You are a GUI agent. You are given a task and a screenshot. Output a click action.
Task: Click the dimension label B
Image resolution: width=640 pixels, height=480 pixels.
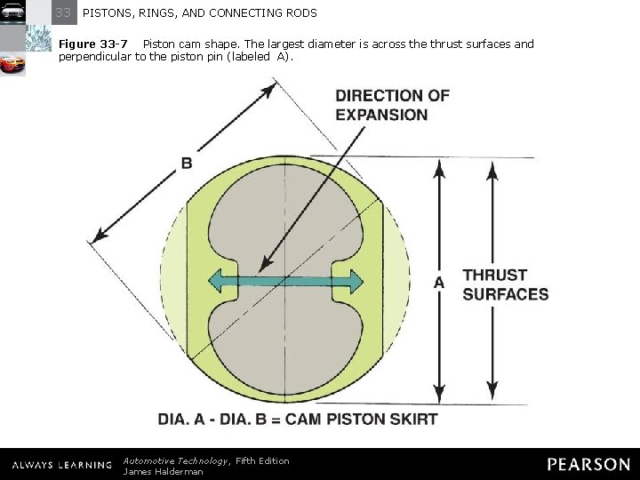(x=187, y=163)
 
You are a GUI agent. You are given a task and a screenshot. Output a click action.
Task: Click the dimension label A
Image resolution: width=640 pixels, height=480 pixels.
(x=438, y=282)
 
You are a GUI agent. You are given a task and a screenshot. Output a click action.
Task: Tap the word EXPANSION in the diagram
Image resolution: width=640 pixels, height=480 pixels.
(x=381, y=115)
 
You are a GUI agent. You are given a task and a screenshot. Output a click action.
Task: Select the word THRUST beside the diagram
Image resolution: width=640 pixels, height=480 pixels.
(x=495, y=276)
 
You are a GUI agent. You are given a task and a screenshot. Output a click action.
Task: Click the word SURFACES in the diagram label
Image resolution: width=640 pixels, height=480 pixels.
(x=506, y=294)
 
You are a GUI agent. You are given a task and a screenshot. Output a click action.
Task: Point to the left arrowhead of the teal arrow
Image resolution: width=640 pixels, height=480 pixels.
(x=216, y=282)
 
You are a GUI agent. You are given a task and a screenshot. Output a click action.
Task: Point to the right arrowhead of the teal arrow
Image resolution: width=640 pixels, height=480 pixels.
(x=354, y=282)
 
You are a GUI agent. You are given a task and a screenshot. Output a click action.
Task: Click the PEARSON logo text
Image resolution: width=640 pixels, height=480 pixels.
(x=588, y=464)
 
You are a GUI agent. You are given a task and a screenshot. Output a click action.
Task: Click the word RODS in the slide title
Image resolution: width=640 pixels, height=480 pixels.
(x=300, y=13)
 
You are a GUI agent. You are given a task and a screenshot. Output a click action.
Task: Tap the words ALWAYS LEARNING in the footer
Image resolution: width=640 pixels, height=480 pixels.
(x=61, y=465)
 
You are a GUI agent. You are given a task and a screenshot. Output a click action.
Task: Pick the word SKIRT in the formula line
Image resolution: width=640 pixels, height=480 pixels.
(x=415, y=419)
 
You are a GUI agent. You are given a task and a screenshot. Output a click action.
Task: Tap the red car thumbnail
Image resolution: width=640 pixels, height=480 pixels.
(x=12, y=65)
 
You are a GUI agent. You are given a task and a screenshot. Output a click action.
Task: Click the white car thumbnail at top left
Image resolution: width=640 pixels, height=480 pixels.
(x=12, y=12)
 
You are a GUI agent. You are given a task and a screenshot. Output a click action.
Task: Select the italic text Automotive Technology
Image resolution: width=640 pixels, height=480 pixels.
(x=176, y=460)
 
